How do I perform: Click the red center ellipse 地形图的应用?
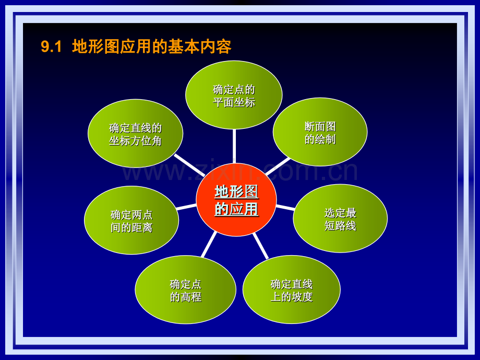coord(236,200)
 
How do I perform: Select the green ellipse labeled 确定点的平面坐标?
coord(234,95)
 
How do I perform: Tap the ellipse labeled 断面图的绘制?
coord(320,132)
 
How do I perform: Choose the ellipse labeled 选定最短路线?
coord(340,219)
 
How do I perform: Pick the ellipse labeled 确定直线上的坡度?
coord(291,290)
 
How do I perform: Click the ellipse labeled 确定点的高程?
coord(185,290)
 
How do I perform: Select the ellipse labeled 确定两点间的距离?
coord(131,220)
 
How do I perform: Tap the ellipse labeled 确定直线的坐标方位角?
coord(135,134)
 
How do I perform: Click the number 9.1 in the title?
coord(52,47)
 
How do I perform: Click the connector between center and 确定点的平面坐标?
coord(234,146)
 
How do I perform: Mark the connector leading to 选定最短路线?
coord(285,208)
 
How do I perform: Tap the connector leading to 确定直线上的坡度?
coord(260,245)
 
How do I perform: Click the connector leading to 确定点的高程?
coord(209,244)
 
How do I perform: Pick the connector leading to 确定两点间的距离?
coord(187,207)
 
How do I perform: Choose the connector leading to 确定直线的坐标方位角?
coord(189,164)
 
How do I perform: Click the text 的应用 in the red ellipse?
coord(236,209)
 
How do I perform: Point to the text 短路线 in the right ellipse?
coord(340,226)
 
